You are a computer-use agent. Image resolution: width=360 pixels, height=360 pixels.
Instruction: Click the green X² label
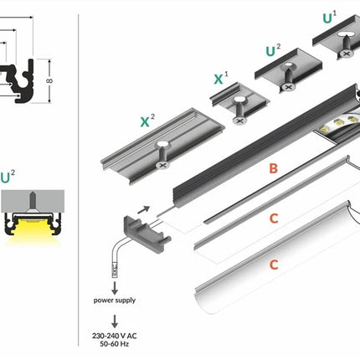[x=147, y=121]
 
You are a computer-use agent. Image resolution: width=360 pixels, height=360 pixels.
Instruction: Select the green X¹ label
[x=221, y=78]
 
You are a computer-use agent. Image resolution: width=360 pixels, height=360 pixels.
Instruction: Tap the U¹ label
[x=330, y=18]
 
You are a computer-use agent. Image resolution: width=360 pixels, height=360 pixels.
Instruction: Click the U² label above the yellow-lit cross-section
[x=8, y=177]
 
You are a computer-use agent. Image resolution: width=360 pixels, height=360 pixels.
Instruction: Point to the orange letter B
[x=274, y=168]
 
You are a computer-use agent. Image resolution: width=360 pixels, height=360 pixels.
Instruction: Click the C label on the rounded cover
[x=274, y=265]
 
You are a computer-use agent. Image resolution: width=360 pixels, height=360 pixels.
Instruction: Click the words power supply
[x=115, y=301]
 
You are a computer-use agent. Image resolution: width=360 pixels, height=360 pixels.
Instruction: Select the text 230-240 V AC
[x=115, y=336]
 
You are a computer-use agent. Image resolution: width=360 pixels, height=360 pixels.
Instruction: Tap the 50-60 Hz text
[x=115, y=344]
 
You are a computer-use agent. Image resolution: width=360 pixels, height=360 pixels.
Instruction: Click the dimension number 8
[x=49, y=81]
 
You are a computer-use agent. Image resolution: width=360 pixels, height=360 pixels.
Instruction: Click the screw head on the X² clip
[x=163, y=165]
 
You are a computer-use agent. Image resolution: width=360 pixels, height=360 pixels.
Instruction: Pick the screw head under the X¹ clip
[x=239, y=121]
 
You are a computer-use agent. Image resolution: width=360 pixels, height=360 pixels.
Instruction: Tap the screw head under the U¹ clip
[x=347, y=54]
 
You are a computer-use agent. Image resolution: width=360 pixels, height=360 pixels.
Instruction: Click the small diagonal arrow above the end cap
[x=144, y=209]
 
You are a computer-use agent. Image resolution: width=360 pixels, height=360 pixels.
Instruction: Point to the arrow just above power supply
[x=115, y=288]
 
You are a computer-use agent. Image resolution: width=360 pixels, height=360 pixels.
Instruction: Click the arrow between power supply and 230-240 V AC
[x=115, y=321]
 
